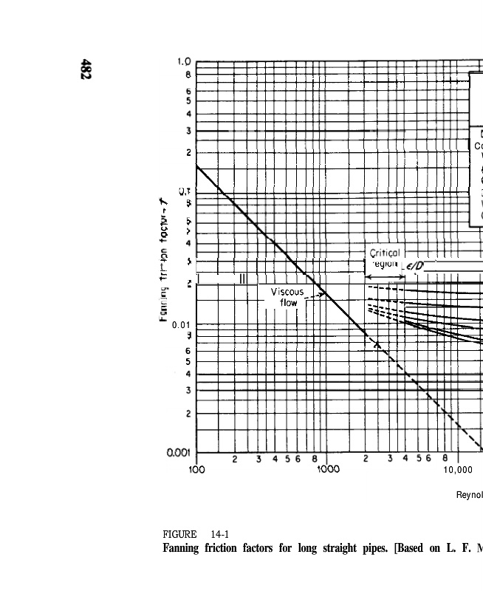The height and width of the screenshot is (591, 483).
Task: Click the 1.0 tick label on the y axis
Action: click(x=184, y=62)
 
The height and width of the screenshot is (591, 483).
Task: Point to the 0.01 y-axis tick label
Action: click(x=182, y=325)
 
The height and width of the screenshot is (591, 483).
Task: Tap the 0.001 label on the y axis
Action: click(x=179, y=453)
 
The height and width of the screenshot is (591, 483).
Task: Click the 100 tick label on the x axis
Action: click(x=196, y=469)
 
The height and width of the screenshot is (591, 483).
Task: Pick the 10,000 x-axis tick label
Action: click(x=457, y=469)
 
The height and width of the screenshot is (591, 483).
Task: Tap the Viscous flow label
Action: click(x=287, y=297)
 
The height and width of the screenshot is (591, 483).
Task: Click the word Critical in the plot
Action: click(x=384, y=253)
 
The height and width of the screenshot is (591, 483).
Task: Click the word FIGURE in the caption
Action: click(x=179, y=534)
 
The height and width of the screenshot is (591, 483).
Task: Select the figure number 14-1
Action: click(x=219, y=534)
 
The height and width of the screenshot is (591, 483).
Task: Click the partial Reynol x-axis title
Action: click(x=469, y=495)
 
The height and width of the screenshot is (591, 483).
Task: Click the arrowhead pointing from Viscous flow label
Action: click(x=323, y=295)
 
